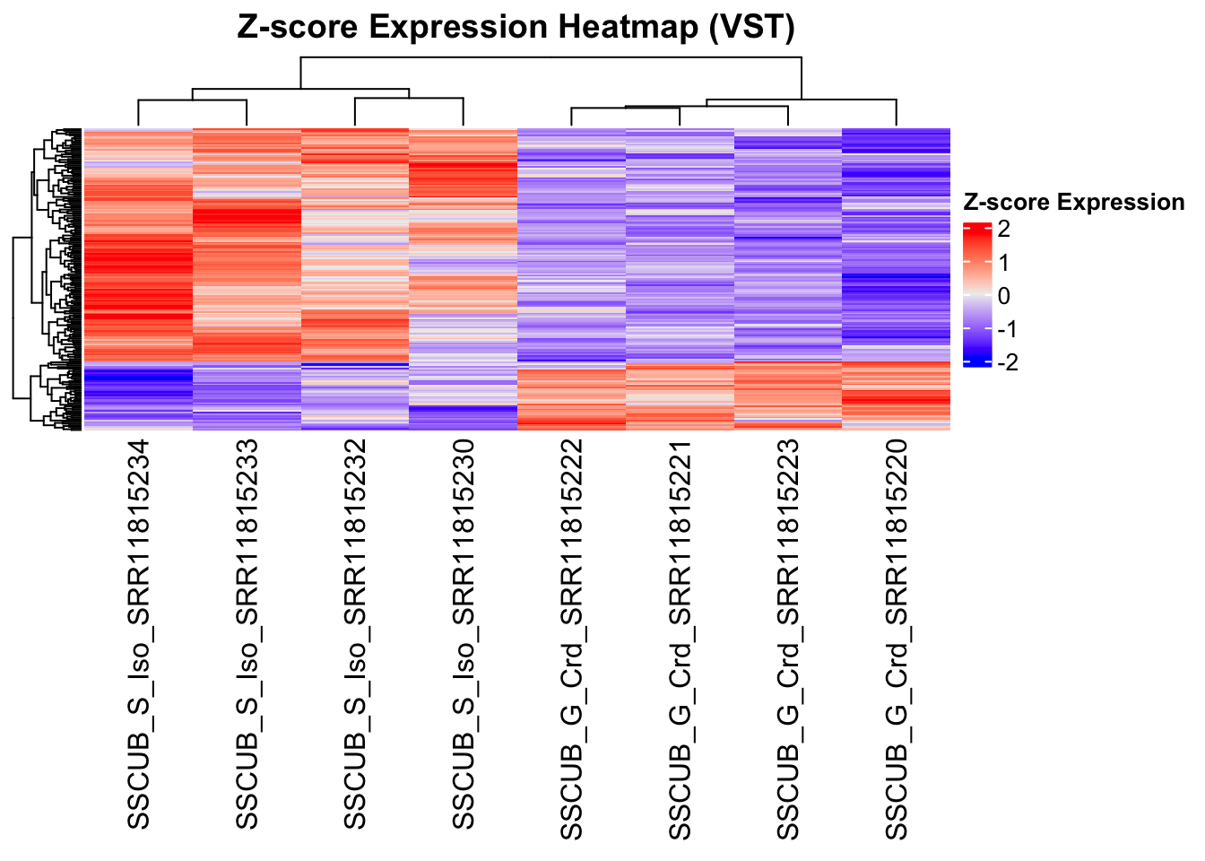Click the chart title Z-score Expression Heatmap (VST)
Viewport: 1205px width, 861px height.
click(x=516, y=28)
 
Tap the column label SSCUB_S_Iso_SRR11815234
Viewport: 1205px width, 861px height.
click(x=139, y=633)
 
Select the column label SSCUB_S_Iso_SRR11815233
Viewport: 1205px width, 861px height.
click(x=247, y=633)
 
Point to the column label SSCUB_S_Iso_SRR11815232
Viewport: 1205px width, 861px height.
click(x=356, y=633)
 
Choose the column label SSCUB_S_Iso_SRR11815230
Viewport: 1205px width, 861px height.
click(x=464, y=633)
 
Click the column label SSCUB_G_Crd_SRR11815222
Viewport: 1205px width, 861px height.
click(x=572, y=639)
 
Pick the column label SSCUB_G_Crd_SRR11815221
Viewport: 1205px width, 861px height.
click(x=681, y=639)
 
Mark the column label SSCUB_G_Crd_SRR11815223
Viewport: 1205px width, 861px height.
click(x=788, y=639)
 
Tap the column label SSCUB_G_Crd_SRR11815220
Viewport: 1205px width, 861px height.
click(x=897, y=639)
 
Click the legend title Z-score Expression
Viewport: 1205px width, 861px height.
click(x=1073, y=203)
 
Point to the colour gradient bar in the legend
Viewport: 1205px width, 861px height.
click(x=976, y=295)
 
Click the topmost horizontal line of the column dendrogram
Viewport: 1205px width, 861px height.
click(x=551, y=58)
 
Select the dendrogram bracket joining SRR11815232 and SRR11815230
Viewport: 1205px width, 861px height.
click(x=409, y=99)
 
